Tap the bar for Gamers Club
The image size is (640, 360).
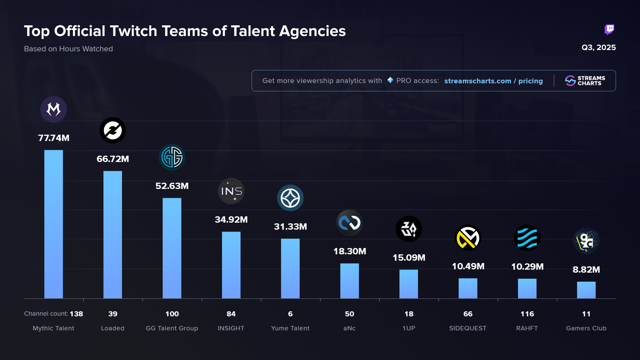[586, 290]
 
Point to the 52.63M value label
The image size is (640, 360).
[172, 186]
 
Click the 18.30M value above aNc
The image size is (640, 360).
[350, 251]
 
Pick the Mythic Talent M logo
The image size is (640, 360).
[53, 109]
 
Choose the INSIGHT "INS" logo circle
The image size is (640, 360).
[231, 191]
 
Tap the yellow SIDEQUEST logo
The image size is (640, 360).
[468, 238]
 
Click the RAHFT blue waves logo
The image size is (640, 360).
[527, 238]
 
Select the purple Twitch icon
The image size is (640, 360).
[609, 30]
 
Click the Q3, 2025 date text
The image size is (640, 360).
[598, 47]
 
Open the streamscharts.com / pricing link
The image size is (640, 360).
[493, 81]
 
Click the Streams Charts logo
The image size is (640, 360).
[585, 81]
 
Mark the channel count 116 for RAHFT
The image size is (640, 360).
[527, 314]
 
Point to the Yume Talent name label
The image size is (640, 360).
[290, 328]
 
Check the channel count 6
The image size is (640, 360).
[290, 314]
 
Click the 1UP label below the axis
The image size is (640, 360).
[409, 328]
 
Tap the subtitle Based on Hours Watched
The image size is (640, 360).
[68, 49]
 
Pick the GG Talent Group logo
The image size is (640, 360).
[172, 157]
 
